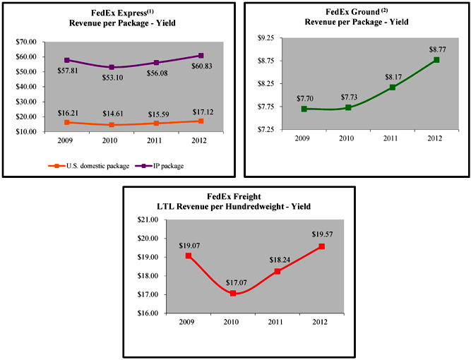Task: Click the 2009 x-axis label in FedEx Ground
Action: [304, 138]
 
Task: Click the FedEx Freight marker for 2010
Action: [233, 293]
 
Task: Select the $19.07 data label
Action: [188, 246]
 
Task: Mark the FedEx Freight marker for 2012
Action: [321, 246]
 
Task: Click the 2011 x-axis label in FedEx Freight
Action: [277, 322]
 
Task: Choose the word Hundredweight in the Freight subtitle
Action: [265, 206]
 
